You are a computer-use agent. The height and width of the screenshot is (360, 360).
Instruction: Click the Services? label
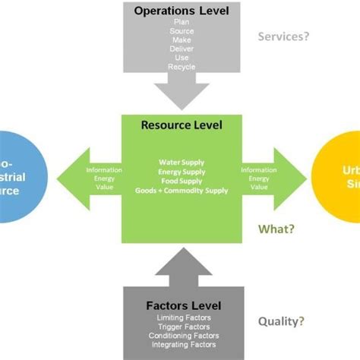[x=284, y=36]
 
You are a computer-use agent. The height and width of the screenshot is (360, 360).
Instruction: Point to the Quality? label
[x=283, y=321]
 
